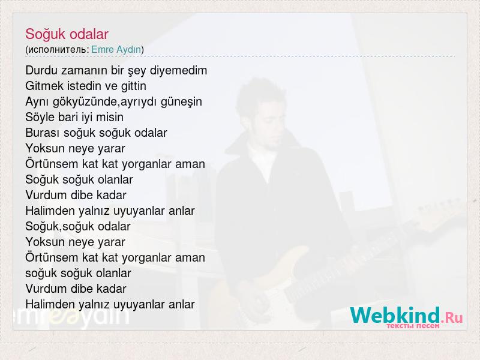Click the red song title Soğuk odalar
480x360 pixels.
pos(67,34)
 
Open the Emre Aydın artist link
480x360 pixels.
pos(116,49)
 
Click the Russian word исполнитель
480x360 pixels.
pos(57,50)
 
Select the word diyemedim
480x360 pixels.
pos(178,71)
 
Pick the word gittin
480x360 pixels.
pos(133,86)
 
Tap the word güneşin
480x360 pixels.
pos(181,102)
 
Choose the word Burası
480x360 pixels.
pos(43,133)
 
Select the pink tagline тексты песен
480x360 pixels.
pos(413,326)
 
